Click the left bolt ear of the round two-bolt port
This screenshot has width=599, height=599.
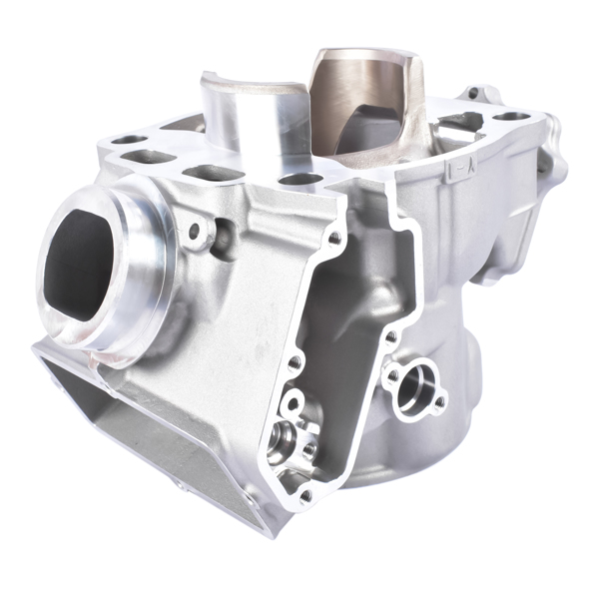coord(392,374)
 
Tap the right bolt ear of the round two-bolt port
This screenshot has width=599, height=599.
coord(439,403)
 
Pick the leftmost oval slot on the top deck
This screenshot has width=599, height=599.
coord(126,141)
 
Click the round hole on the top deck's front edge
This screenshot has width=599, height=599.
coord(299,180)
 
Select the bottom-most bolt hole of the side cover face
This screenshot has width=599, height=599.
coord(305,494)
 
